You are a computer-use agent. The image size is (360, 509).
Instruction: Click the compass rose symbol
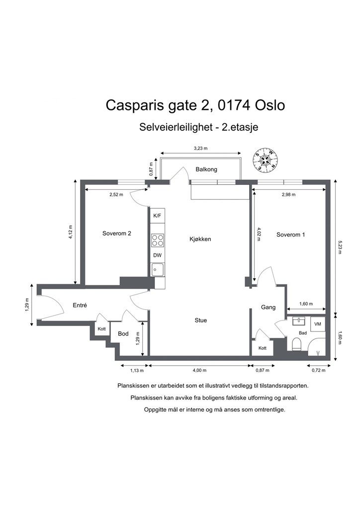[x=266, y=160]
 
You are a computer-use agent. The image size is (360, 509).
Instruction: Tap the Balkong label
[x=206, y=170]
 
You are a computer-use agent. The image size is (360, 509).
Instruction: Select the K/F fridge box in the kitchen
[x=158, y=216]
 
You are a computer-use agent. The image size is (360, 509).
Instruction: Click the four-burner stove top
[x=158, y=240]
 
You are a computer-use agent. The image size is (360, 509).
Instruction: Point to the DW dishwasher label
[x=158, y=255]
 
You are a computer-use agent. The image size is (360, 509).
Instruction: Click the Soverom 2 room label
[x=117, y=234]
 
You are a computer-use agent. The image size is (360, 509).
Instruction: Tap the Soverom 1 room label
[x=290, y=235]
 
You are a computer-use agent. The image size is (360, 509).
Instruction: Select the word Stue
[x=200, y=321]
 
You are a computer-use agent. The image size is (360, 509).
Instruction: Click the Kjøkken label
[x=200, y=239]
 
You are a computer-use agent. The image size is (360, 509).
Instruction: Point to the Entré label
[x=80, y=306]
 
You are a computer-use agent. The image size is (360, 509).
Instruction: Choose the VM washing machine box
[x=318, y=324]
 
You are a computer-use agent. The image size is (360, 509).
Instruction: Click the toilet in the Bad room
[x=297, y=344]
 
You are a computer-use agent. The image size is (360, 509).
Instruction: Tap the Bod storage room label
[x=123, y=334]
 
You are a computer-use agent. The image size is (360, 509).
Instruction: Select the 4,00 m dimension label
[x=199, y=370]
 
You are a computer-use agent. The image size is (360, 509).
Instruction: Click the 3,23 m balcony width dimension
[x=200, y=149]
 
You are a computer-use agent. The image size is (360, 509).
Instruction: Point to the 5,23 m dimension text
[x=340, y=247]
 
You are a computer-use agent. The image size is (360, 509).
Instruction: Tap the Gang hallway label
[x=269, y=307]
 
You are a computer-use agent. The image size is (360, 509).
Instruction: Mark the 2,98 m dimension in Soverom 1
[x=288, y=195]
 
